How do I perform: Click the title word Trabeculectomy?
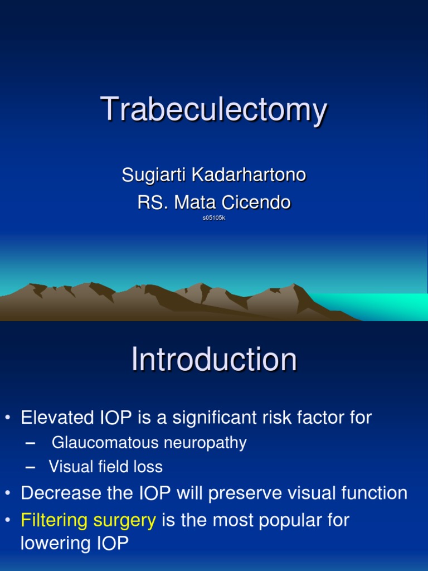[213, 110]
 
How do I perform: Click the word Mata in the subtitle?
[194, 202]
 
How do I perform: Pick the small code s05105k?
[214, 218]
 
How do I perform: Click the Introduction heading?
[214, 360]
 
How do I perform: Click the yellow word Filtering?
[54, 520]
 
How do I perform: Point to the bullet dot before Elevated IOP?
[8, 418]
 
